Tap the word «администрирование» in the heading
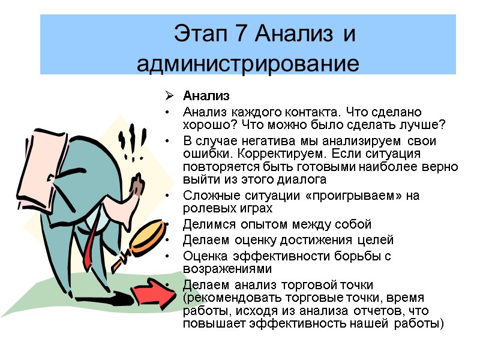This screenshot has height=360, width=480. [x=247, y=62]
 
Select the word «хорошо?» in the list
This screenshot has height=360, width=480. [x=205, y=125]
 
